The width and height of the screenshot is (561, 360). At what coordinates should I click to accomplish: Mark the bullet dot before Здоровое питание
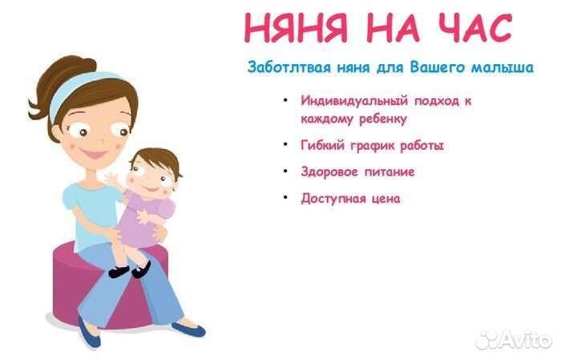pyautogui.click(x=285, y=172)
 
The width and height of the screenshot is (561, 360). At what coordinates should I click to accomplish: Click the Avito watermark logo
pyautogui.click(x=513, y=340)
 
